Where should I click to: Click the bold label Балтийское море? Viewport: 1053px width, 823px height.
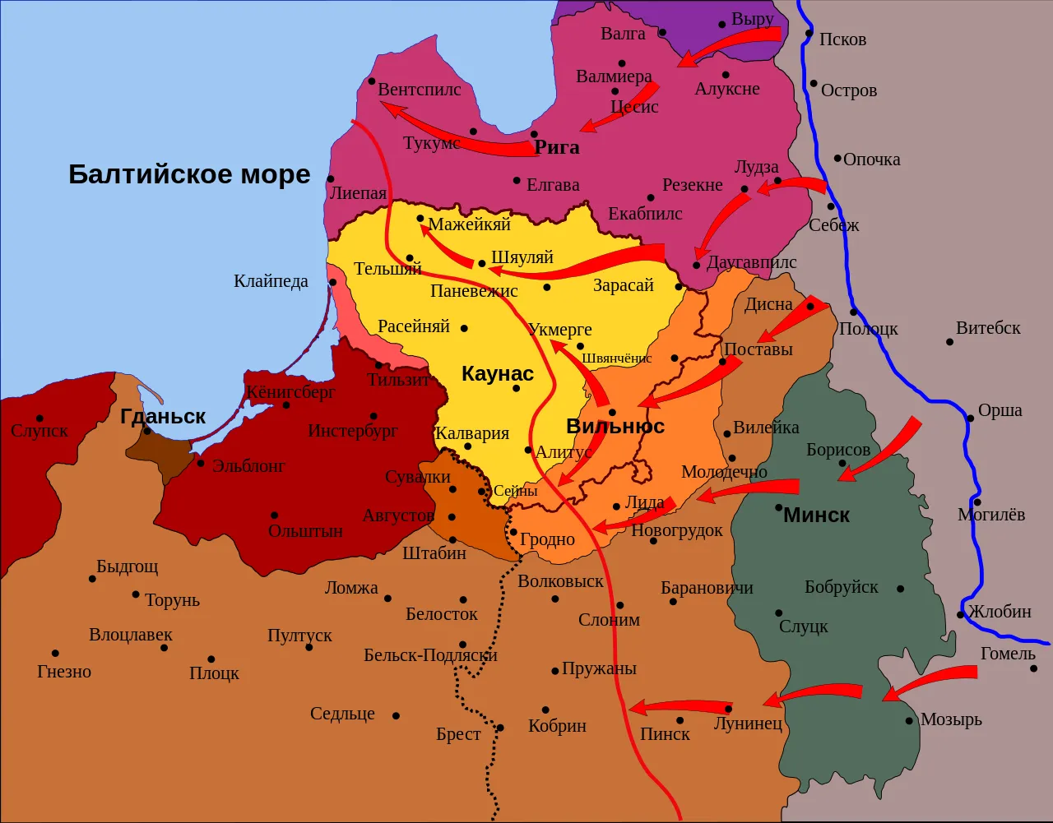click(189, 174)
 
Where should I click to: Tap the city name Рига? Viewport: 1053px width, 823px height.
click(557, 148)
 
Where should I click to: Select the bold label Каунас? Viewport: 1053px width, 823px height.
click(498, 373)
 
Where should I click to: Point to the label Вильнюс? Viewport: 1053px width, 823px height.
click(615, 427)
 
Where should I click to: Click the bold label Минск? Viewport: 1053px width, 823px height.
click(816, 516)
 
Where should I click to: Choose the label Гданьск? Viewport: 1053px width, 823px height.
click(163, 417)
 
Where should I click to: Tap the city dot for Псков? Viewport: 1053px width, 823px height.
click(809, 35)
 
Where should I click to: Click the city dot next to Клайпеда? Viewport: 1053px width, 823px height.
click(333, 282)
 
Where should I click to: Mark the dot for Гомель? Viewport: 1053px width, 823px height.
click(1033, 668)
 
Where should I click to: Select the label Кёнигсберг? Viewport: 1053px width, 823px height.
click(290, 392)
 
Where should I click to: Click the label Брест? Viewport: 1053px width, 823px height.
click(458, 734)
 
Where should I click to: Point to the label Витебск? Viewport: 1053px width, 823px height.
click(988, 328)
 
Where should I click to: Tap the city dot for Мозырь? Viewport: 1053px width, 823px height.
click(909, 721)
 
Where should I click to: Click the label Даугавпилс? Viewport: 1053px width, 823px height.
click(752, 263)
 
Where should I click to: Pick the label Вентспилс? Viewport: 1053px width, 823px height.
click(420, 89)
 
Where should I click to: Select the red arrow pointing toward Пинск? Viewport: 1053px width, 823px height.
click(679, 706)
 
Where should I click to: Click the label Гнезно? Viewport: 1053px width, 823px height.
click(64, 672)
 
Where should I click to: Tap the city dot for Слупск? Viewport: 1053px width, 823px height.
click(39, 418)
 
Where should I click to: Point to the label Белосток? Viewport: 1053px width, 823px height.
click(442, 614)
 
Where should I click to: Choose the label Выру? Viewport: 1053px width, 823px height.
click(752, 19)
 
